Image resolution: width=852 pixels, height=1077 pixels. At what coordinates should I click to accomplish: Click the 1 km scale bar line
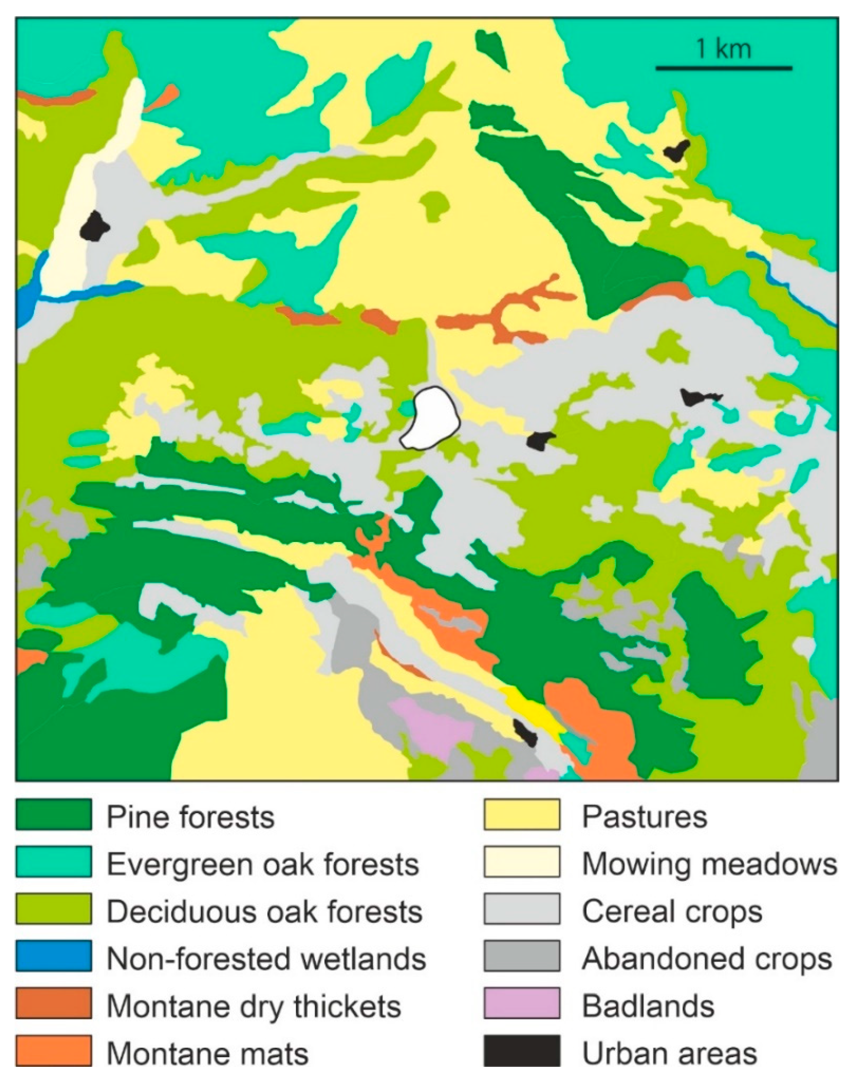point(723,67)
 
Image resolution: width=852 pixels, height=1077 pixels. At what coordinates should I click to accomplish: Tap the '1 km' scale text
point(723,49)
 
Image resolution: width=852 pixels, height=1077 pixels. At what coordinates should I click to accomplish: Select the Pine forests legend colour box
point(53,815)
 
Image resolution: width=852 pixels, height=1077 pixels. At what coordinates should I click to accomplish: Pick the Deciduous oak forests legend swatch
point(53,909)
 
